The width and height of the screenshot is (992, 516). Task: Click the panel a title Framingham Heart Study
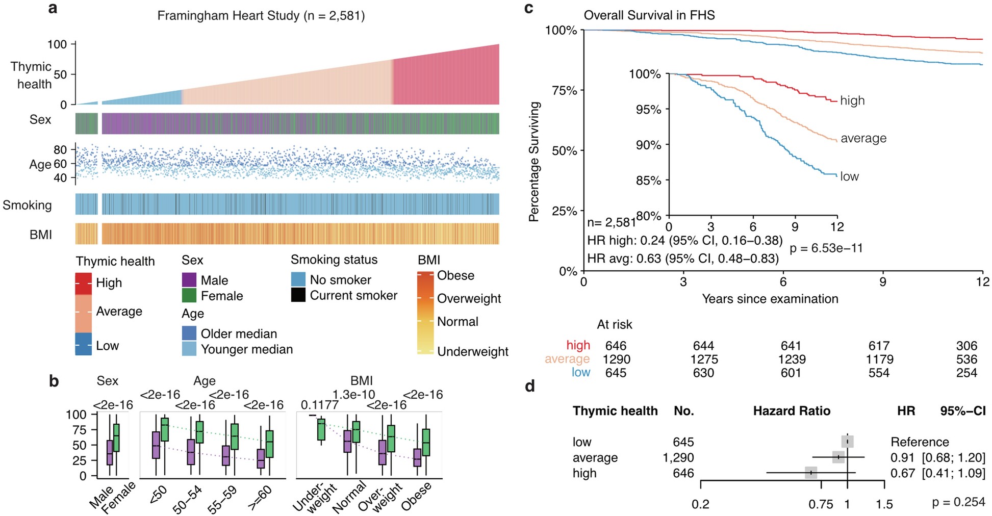pyautogui.click(x=261, y=16)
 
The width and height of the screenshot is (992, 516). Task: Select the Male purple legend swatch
pyautogui.click(x=189, y=280)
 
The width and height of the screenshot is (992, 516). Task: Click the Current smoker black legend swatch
pyautogui.click(x=298, y=295)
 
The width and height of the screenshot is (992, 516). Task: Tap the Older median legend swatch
pyautogui.click(x=189, y=333)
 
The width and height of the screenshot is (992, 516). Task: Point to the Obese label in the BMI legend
pyautogui.click(x=455, y=275)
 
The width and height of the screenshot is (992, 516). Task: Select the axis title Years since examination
pyautogui.click(x=770, y=299)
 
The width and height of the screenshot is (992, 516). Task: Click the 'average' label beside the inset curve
pyautogui.click(x=863, y=138)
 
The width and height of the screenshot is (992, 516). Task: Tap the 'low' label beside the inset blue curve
pyautogui.click(x=849, y=176)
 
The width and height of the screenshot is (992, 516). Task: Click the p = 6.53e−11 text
pyautogui.click(x=826, y=248)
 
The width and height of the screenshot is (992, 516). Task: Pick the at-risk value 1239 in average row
pyautogui.click(x=792, y=359)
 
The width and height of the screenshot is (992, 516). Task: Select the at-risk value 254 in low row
pyautogui.click(x=966, y=373)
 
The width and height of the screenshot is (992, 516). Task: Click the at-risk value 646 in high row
pyautogui.click(x=616, y=346)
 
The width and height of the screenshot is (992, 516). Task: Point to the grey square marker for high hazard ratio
pyautogui.click(x=811, y=473)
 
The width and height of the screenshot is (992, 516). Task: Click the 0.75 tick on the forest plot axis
pyautogui.click(x=821, y=504)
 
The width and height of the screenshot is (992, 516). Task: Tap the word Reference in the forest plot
pyautogui.click(x=919, y=442)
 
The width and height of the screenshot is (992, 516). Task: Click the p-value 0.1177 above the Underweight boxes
pyautogui.click(x=319, y=405)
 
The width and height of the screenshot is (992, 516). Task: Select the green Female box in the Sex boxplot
pyautogui.click(x=116, y=437)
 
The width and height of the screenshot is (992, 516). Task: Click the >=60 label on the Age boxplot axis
pyautogui.click(x=260, y=497)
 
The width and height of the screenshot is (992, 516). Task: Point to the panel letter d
pyautogui.click(x=530, y=386)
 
